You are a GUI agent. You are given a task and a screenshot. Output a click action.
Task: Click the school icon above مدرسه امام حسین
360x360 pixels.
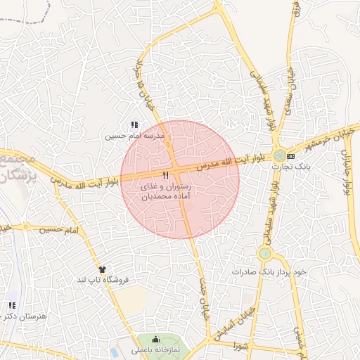click(x=134, y=124)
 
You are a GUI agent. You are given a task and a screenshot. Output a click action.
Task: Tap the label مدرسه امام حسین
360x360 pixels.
click(x=134, y=135)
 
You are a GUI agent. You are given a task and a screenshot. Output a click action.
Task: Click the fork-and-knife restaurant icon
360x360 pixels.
click(x=166, y=176)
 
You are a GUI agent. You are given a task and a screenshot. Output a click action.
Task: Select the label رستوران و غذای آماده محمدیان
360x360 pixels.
click(x=166, y=193)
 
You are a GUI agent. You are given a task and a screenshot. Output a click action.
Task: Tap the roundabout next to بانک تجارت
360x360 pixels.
click(x=280, y=155)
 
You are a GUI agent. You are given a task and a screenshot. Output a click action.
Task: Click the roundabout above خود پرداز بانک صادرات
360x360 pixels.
click(x=265, y=253)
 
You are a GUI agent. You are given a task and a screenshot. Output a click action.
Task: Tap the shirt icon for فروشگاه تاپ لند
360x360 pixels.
click(x=102, y=269)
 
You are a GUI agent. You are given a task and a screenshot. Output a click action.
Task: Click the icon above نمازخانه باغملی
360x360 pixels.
click(x=156, y=340)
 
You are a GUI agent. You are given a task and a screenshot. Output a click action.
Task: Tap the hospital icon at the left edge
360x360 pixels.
click(x=11, y=305)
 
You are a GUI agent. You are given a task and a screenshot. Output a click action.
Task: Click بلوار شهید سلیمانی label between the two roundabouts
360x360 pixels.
click(x=275, y=203)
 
